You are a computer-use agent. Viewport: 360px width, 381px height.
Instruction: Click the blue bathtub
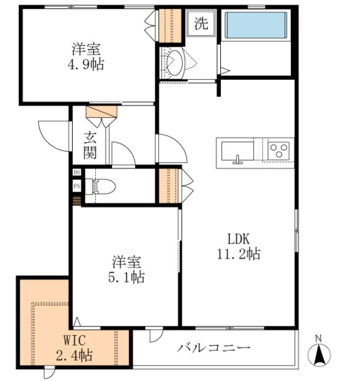[256, 25]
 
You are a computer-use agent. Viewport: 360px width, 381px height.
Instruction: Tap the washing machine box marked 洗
[201, 23]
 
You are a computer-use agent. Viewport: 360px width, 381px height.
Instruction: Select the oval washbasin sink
[175, 63]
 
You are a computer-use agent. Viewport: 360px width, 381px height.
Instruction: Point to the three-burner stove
[279, 151]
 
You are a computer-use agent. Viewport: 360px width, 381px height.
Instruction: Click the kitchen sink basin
[237, 151]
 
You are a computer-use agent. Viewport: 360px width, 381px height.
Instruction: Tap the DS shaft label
[77, 172]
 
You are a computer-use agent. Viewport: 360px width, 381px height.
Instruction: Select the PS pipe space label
[77, 186]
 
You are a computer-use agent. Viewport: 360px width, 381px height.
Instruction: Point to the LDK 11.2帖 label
[238, 247]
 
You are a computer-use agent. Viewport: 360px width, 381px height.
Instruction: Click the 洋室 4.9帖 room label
[86, 57]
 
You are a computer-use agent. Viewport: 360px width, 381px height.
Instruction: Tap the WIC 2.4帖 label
[74, 347]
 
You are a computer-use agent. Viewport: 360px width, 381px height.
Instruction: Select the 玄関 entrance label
[90, 146]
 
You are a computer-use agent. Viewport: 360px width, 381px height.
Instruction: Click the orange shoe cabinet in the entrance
[102, 111]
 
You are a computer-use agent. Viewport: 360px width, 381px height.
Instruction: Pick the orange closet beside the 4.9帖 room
[170, 25]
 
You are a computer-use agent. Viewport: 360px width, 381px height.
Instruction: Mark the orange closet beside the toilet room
[169, 186]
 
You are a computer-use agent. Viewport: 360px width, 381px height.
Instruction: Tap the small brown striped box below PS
[77, 201]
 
